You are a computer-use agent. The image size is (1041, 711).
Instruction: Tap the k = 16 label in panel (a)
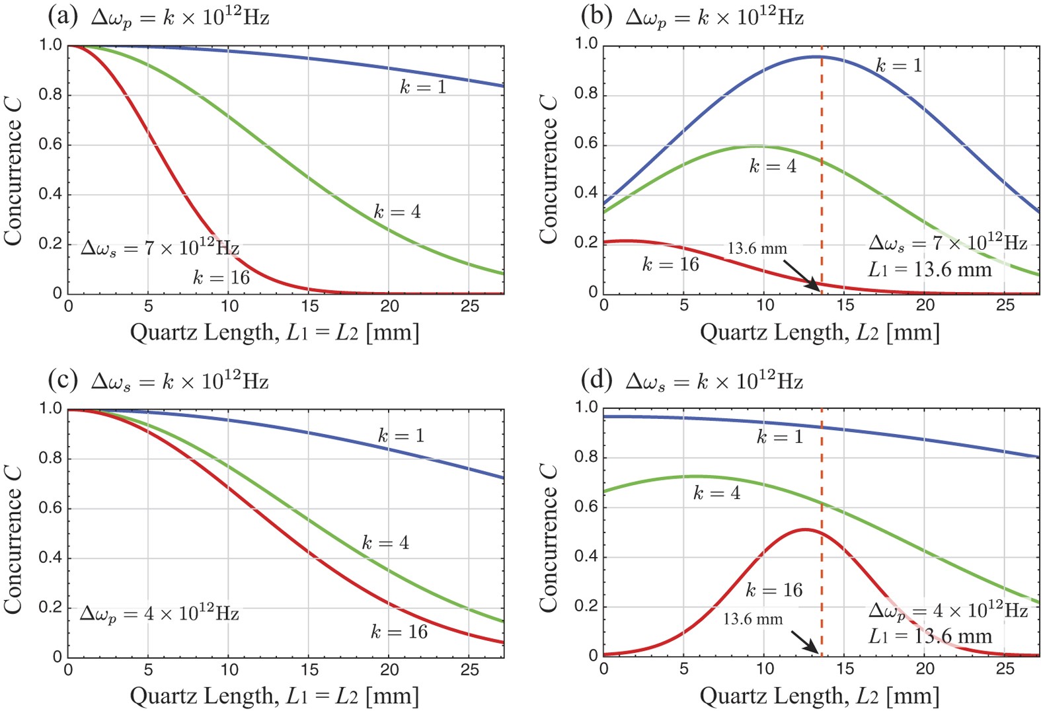(x=221, y=277)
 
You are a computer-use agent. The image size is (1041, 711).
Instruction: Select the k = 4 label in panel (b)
(x=772, y=166)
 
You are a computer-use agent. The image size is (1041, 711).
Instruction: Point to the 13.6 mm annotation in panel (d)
(x=752, y=619)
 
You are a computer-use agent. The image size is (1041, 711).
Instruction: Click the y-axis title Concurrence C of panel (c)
(x=13, y=539)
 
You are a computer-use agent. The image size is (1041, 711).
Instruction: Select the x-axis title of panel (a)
(x=274, y=332)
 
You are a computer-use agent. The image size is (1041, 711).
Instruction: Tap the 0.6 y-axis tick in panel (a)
(x=50, y=145)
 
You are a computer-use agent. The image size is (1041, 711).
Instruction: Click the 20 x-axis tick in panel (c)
(x=389, y=670)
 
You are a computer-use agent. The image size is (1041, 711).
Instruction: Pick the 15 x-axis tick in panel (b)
(x=845, y=305)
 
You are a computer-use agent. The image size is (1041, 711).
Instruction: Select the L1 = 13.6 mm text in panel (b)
(x=929, y=270)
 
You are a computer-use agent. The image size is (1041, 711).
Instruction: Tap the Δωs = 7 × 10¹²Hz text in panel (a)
(x=159, y=248)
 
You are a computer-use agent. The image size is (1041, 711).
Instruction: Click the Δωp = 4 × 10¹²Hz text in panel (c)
(x=159, y=613)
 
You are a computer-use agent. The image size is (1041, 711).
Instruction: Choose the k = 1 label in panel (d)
(x=779, y=437)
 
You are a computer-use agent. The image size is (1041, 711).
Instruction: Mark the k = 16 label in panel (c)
(x=399, y=632)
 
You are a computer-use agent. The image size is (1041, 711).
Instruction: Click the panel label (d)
(x=598, y=380)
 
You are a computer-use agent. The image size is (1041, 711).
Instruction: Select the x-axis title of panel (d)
(x=819, y=695)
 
